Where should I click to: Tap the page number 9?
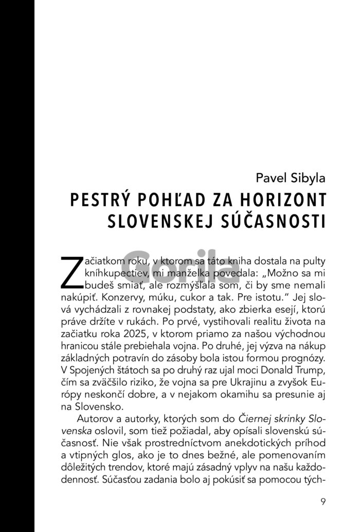pyautogui.click(x=322, y=502)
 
